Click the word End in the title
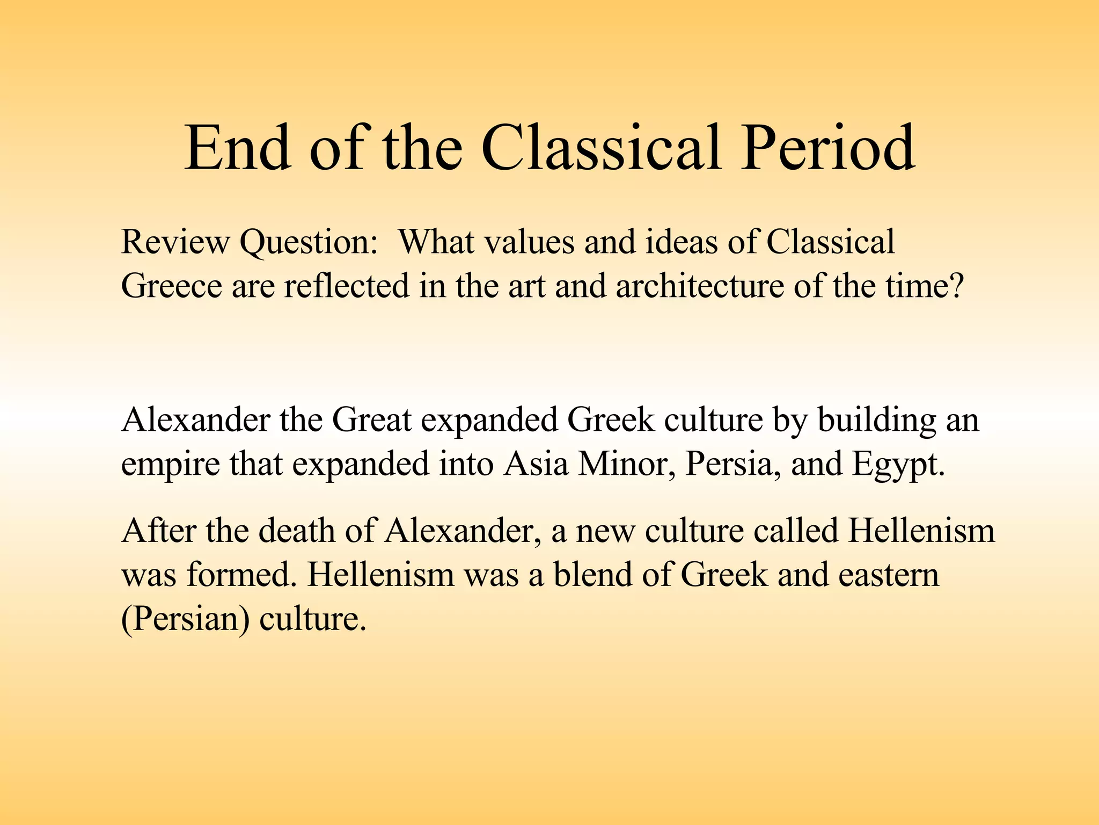pos(238,148)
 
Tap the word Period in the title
pos(827,148)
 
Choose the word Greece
pos(171,286)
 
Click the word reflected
pos(347,286)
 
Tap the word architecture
pos(699,286)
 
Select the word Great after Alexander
pos(371,420)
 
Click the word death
pos(297,531)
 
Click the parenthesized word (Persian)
pos(185,619)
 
